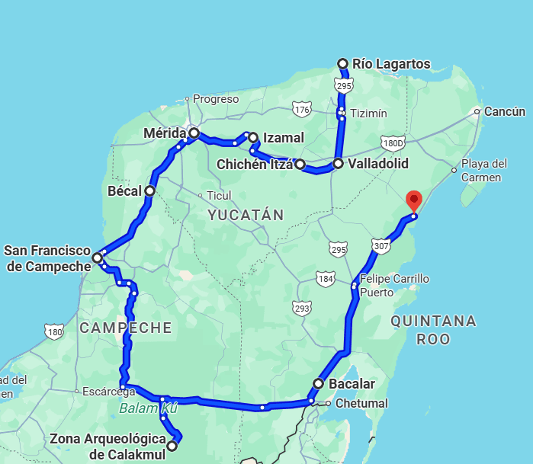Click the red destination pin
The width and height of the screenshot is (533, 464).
pyautogui.click(x=413, y=200)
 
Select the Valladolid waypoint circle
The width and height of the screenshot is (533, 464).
pyautogui.click(x=338, y=164)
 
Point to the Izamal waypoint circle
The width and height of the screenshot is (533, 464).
pyautogui.click(x=253, y=138)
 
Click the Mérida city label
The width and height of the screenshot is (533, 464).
pyautogui.click(x=165, y=134)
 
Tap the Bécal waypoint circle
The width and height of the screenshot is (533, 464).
pyautogui.click(x=150, y=190)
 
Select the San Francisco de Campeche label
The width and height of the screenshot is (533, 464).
pyautogui.click(x=47, y=258)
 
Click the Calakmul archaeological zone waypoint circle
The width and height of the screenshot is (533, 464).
pyautogui.click(x=172, y=446)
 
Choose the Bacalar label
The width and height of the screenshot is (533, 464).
pyautogui.click(x=352, y=383)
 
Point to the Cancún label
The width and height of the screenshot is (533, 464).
pyautogui.click(x=505, y=111)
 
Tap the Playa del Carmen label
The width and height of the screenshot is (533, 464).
pyautogui.click(x=484, y=171)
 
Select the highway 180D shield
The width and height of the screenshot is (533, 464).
pyautogui.click(x=393, y=142)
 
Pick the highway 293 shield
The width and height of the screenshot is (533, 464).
pyautogui.click(x=302, y=308)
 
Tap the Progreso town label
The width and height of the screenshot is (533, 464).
pyautogui.click(x=216, y=98)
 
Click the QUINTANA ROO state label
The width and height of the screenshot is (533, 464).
pyautogui.click(x=433, y=330)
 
